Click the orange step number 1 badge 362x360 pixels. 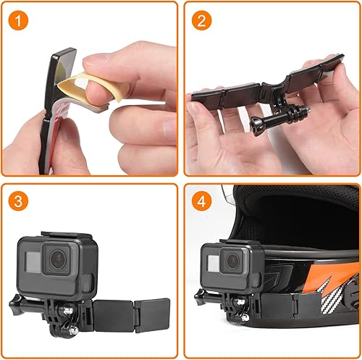tap(20, 20)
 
